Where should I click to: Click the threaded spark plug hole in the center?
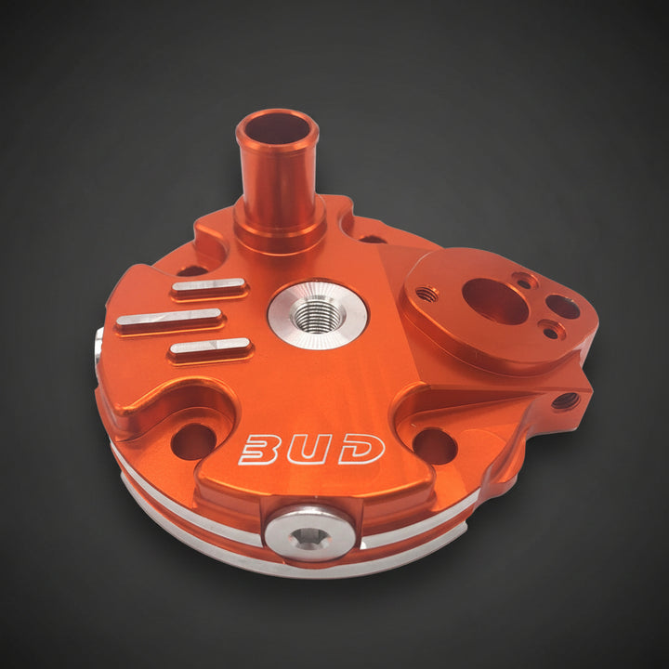pyautogui.click(x=315, y=316)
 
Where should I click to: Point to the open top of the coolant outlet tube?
pyautogui.click(x=277, y=128)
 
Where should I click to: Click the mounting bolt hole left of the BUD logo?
pyautogui.click(x=193, y=441)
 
